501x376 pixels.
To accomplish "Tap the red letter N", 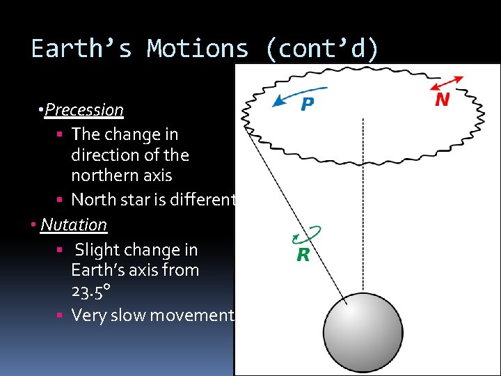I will (442, 100).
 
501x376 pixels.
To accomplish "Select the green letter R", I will (303, 255).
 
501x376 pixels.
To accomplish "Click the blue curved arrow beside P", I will (298, 95).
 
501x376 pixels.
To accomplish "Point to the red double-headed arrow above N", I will (447, 82).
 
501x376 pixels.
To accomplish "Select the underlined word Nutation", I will (74, 225).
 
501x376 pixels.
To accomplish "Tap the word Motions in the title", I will (198, 49).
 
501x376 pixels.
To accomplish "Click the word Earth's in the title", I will (81, 49).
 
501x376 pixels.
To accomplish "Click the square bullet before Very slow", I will (61, 316).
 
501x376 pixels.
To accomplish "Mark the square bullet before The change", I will (61, 134).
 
